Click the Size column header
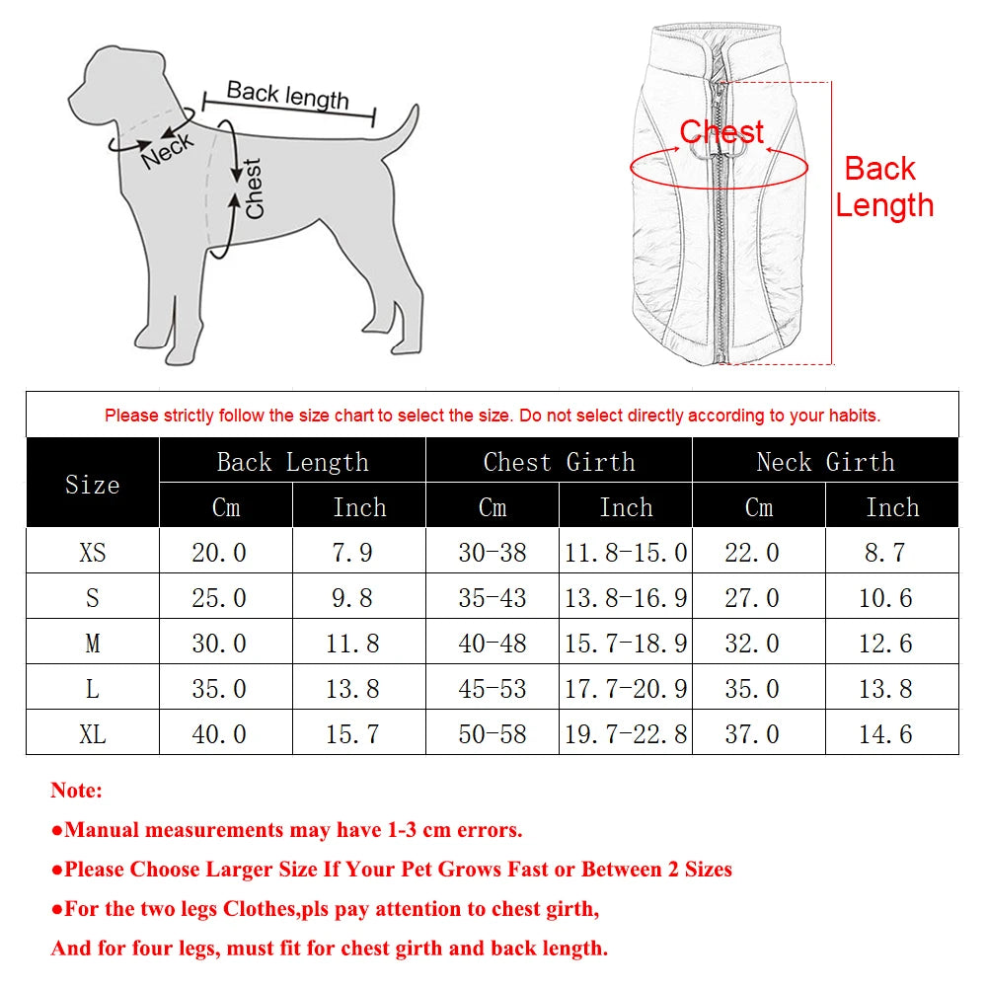[x=92, y=485]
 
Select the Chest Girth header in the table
[x=559, y=462]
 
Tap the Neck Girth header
[x=825, y=462]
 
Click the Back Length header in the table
[x=292, y=462]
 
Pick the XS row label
[x=92, y=552]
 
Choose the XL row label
[x=92, y=734]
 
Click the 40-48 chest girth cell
[x=493, y=644]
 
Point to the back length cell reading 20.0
[x=218, y=552]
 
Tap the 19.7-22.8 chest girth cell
[x=626, y=734]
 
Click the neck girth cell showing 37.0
[x=752, y=734]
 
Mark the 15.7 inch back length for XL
[x=352, y=734]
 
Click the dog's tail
[x=400, y=133]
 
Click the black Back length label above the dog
[x=287, y=95]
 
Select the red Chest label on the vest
[x=721, y=132]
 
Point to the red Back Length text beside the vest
[x=883, y=187]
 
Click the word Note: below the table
[x=77, y=791]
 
